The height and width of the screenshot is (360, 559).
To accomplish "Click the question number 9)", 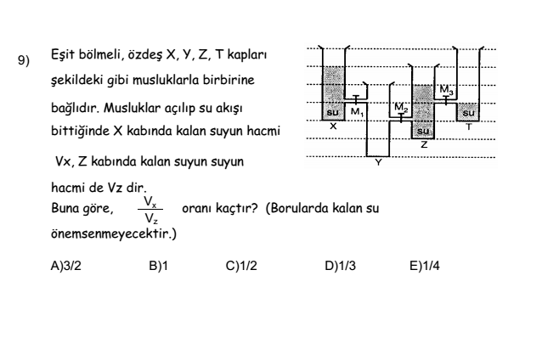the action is (x=24, y=60).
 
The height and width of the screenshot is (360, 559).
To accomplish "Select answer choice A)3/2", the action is (x=66, y=266).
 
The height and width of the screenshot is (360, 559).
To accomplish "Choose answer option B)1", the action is (x=158, y=266).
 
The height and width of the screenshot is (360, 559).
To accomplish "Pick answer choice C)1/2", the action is (x=241, y=266).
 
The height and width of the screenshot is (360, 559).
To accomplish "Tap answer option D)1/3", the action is (x=340, y=266).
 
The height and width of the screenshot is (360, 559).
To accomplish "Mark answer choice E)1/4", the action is (x=425, y=266).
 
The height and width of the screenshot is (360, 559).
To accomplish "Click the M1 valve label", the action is (x=357, y=112).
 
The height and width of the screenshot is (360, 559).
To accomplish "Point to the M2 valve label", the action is (x=401, y=107).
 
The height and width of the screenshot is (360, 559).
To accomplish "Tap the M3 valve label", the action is (x=446, y=90).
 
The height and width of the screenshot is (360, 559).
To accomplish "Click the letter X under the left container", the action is (x=333, y=127).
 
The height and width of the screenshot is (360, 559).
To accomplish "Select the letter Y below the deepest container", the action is (x=379, y=162).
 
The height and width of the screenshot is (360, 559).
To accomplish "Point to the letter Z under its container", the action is (x=424, y=144).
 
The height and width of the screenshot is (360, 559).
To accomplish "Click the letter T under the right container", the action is (x=469, y=127).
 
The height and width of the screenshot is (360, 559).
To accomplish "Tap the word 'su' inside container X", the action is (x=333, y=113).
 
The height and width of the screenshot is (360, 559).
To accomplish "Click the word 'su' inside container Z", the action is (x=423, y=131).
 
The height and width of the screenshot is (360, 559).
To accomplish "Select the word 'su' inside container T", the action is (x=468, y=113).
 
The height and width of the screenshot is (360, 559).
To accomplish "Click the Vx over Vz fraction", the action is (x=150, y=210).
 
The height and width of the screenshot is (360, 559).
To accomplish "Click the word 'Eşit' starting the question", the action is (x=63, y=54).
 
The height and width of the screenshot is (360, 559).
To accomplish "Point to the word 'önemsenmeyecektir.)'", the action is (x=114, y=233).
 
